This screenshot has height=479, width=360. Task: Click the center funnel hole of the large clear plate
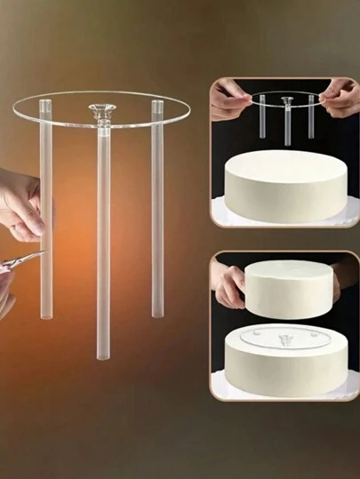tap(101, 110)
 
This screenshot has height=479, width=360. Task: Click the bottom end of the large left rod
tap(46, 315)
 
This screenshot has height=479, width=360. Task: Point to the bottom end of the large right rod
tap(157, 313)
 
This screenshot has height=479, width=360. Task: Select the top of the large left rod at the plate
tap(46, 107)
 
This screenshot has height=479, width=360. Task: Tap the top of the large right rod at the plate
tap(157, 107)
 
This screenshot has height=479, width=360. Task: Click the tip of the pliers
tap(42, 254)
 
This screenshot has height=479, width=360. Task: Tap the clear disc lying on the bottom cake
tap(284, 339)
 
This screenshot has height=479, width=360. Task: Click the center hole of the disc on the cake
tap(285, 339)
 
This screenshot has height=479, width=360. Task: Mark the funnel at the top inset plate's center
tap(286, 100)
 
